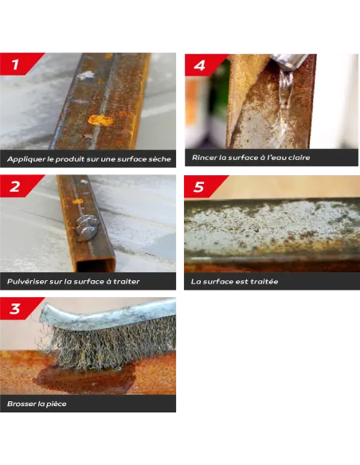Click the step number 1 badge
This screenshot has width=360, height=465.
[16, 64]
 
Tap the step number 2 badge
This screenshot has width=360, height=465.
[16, 186]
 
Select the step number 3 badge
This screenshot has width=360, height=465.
[16, 308]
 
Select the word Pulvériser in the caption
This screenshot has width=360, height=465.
[27, 281]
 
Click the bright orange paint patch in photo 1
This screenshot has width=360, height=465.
[101, 119]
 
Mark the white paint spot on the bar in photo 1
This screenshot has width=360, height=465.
[85, 76]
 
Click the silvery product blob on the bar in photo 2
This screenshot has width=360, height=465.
[87, 227]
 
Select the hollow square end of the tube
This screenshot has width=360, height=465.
[96, 264]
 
